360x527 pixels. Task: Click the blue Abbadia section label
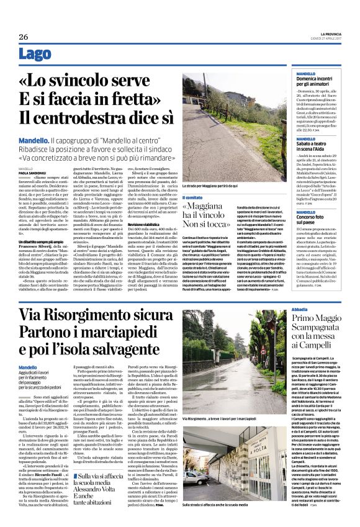282,309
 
